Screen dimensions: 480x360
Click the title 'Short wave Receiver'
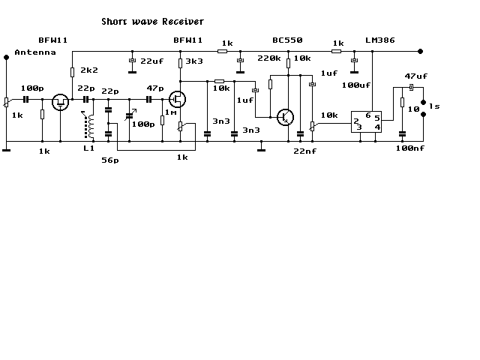152,22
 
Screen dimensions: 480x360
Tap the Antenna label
35,52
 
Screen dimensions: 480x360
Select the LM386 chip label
380,40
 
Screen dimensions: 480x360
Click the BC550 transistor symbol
285,117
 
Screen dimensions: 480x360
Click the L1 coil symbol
89,126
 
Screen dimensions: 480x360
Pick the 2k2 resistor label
89,70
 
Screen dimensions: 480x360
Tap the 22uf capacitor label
151,61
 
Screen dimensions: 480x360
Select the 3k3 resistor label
194,61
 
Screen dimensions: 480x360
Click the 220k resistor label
269,58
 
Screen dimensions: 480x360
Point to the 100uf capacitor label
356,85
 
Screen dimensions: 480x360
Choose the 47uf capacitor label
416,76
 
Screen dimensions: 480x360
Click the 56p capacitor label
110,160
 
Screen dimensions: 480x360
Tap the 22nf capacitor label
305,151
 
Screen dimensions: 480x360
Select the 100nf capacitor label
410,148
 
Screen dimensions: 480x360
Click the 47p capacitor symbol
148,100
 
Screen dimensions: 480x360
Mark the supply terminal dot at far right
420,52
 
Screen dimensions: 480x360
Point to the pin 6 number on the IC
368,115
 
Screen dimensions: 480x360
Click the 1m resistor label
171,112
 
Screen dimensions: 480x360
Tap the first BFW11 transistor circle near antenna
60,102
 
